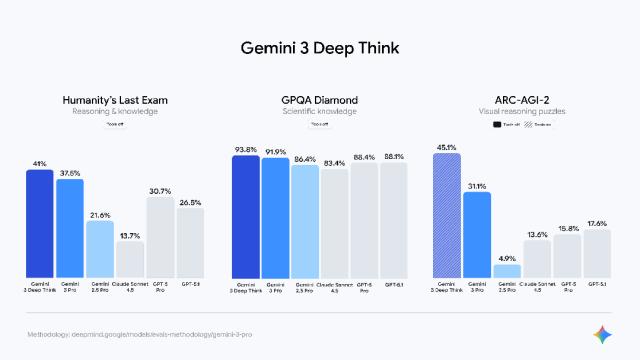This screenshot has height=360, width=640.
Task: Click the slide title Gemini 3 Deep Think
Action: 319,48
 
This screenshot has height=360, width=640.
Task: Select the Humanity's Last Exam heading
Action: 114,100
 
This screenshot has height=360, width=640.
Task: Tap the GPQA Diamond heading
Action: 319,100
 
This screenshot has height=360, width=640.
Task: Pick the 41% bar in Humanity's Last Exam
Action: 40,224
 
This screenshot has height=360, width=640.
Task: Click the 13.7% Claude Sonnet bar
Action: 130,259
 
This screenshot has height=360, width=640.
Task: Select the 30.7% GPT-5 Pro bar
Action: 160,237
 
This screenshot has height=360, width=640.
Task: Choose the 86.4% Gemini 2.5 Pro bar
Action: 305,221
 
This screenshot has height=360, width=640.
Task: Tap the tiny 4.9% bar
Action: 506,270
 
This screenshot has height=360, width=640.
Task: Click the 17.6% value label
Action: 596,224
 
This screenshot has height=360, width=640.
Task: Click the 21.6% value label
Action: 100,215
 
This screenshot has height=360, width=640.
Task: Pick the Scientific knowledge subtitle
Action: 319,112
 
